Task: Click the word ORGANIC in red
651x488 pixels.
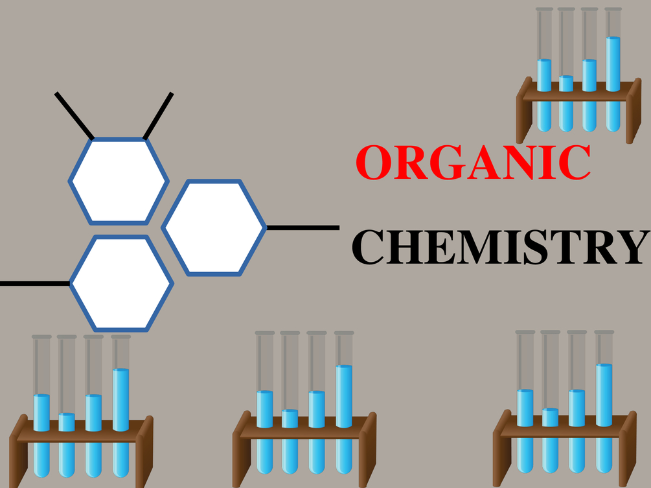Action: [474, 162]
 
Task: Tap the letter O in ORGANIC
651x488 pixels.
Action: [374, 162]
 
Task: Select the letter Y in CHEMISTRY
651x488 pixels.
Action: [632, 247]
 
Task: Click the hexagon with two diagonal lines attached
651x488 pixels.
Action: [119, 181]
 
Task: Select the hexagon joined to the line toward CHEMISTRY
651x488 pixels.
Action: [214, 227]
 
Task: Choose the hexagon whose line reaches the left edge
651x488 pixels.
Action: [121, 284]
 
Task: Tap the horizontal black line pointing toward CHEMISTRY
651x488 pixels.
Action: [303, 227]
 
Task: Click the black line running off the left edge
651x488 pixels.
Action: [35, 284]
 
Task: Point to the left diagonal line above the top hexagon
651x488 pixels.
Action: [74, 115]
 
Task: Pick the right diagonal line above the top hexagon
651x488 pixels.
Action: [158, 116]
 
